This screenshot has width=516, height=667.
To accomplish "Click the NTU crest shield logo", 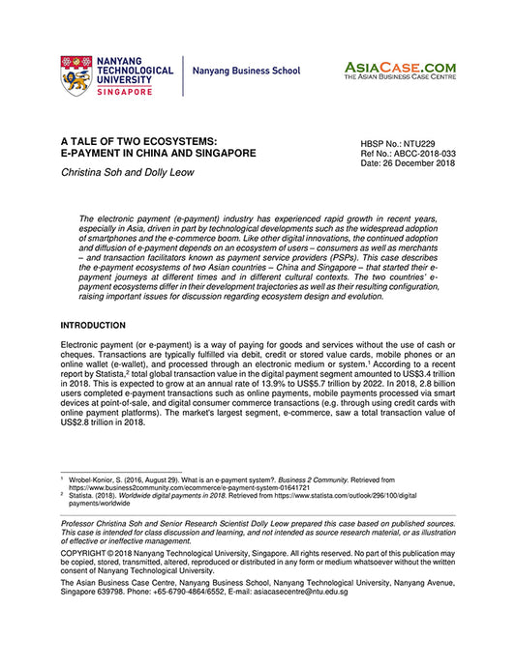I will coord(77,72).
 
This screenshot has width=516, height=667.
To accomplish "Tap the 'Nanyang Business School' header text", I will coord(246,72).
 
